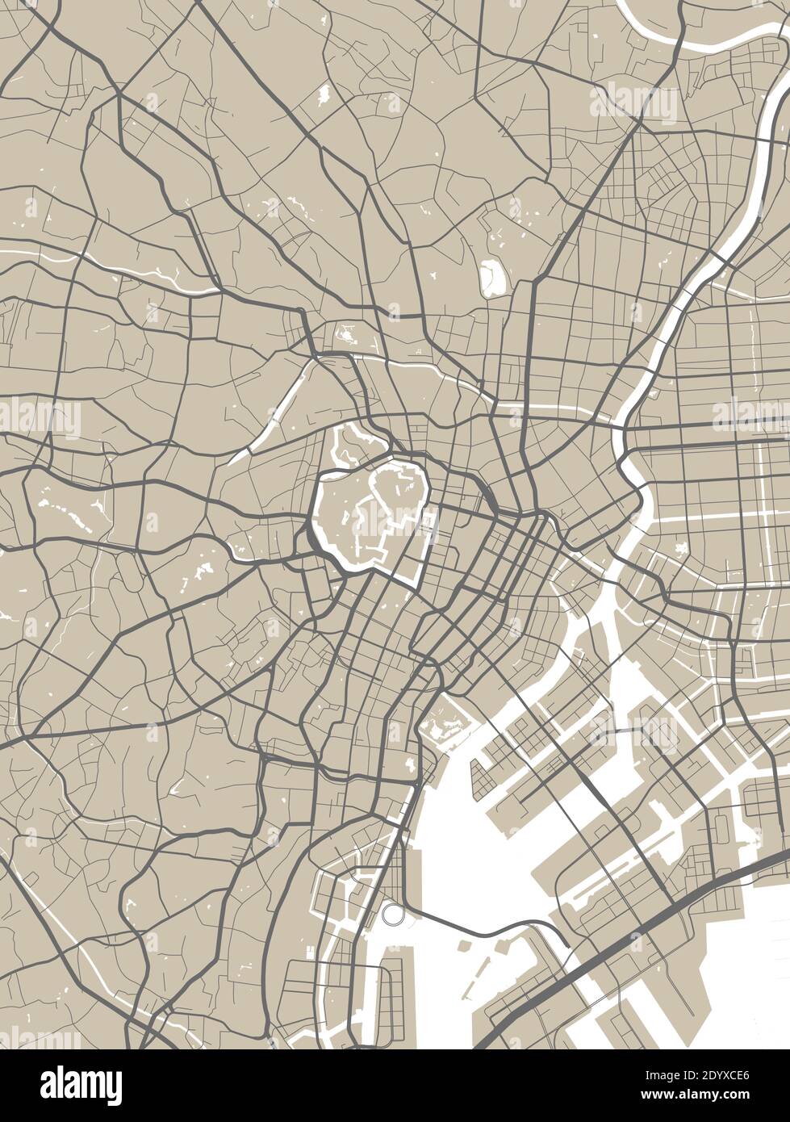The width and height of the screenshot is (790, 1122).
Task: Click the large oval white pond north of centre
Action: (x=491, y=278)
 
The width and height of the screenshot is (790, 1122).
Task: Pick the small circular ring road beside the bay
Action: (x=393, y=914)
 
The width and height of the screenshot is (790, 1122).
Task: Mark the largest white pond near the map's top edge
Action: (x=324, y=94)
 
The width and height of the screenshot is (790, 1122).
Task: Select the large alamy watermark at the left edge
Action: (x=40, y=417)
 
